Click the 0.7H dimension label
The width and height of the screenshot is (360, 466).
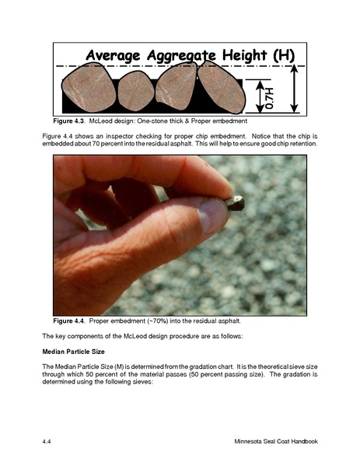pyautogui.click(x=269, y=98)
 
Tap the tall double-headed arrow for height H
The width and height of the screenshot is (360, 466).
pyautogui.click(x=294, y=89)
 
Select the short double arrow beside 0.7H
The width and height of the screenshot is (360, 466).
pyautogui.click(x=260, y=96)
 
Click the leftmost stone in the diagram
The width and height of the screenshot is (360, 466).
pyautogui.click(x=89, y=87)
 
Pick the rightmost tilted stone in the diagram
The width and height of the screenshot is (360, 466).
pyautogui.click(x=222, y=87)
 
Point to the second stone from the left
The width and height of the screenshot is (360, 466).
pyautogui.click(x=136, y=91)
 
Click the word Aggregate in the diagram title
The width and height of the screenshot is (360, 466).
pyautogui.click(x=181, y=55)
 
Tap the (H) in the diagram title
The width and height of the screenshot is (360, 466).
pyautogui.click(x=284, y=55)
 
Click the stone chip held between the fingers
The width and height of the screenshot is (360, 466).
pyautogui.click(x=235, y=203)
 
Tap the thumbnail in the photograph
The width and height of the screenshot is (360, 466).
pyautogui.click(x=213, y=215)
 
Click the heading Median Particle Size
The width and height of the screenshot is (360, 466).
pyautogui.click(x=73, y=352)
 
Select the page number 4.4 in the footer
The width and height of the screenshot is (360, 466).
pyautogui.click(x=47, y=441)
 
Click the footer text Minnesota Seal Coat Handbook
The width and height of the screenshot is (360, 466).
pyautogui.click(x=276, y=441)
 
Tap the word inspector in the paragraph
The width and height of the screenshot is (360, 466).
pyautogui.click(x=121, y=136)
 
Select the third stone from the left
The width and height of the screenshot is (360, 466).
pyautogui.click(x=176, y=86)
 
